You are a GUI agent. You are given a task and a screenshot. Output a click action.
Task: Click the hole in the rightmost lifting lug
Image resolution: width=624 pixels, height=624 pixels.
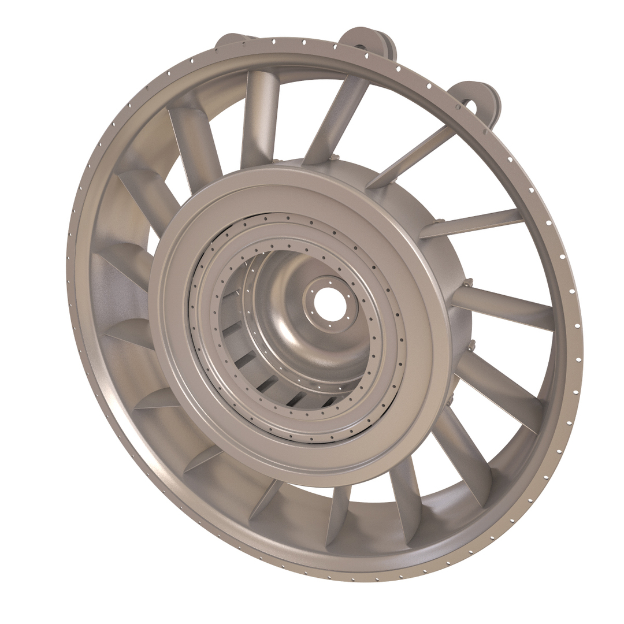point(470,106)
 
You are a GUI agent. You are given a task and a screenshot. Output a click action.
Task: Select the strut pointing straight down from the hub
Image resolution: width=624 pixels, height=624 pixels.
point(337,514)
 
